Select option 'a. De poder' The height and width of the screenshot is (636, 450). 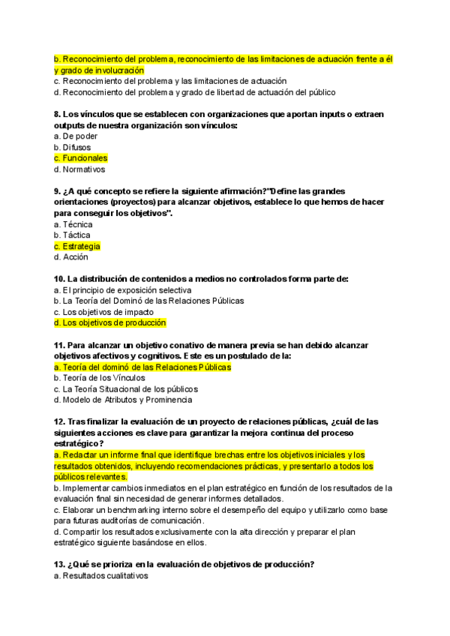pos(76,136)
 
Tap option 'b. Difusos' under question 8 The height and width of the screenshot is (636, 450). pos(73,148)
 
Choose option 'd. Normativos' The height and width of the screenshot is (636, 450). pos(80,169)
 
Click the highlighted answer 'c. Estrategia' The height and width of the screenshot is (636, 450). pos(77,246)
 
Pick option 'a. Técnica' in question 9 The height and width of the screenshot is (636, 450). pos(73,224)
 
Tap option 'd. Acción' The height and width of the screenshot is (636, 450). pos(71,257)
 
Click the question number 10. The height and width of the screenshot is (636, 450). pos(59,279)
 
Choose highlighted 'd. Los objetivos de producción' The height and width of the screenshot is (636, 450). pos(110,322)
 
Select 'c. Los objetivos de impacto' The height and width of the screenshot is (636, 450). pos(104,312)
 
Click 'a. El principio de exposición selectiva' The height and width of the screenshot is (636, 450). pos(123,290)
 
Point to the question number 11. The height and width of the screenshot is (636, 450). pos(59,345)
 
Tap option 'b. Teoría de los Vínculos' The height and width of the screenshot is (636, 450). pos(100,378)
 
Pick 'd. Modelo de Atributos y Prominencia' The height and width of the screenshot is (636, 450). pos(122,400)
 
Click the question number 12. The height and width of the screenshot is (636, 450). pos(59,421)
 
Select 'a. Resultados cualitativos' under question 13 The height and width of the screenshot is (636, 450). pos(101,576)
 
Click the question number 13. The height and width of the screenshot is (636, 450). pos(59,565)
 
